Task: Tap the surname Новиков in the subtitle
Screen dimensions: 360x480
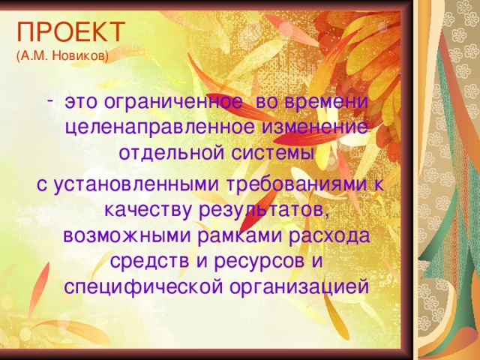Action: click(x=84, y=55)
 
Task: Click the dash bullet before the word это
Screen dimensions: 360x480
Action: click(x=50, y=98)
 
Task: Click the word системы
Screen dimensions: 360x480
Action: click(x=272, y=153)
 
